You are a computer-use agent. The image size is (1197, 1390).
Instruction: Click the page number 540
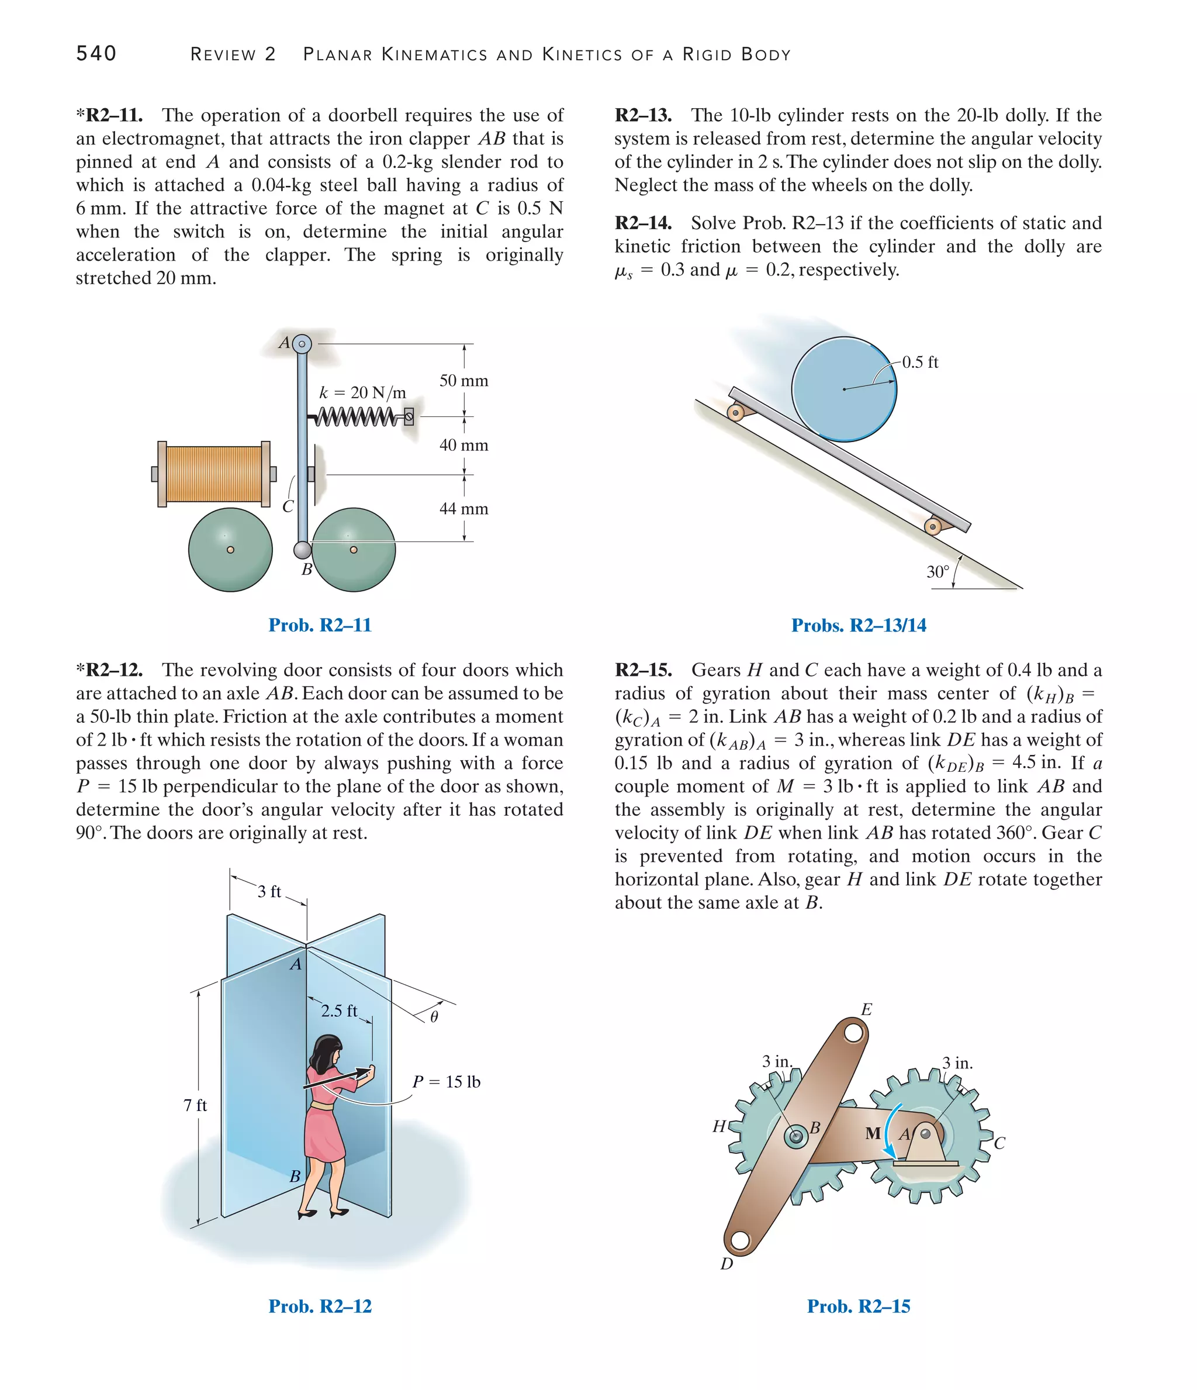[x=96, y=54]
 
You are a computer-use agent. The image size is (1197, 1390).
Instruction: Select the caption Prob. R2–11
[x=320, y=625]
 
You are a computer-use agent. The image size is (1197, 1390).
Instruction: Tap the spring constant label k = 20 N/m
[x=363, y=392]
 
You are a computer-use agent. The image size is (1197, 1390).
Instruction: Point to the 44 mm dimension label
[x=463, y=509]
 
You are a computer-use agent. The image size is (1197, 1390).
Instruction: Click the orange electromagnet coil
[x=214, y=474]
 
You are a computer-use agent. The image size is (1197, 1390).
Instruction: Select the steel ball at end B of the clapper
[x=302, y=550]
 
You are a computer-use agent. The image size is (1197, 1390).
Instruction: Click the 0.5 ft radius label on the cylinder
[x=919, y=362]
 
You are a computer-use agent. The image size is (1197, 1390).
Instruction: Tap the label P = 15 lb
[x=446, y=1081]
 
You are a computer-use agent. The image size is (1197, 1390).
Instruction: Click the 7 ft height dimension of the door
[x=195, y=1105]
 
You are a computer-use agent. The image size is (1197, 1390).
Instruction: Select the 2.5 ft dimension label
[x=338, y=1010]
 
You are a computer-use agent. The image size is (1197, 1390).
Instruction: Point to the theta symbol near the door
[x=434, y=1017]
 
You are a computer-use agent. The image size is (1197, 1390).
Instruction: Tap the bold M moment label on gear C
[x=873, y=1134]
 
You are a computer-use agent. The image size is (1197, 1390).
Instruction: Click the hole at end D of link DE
[x=740, y=1241]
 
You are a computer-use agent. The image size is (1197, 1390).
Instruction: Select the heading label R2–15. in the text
[x=643, y=670]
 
